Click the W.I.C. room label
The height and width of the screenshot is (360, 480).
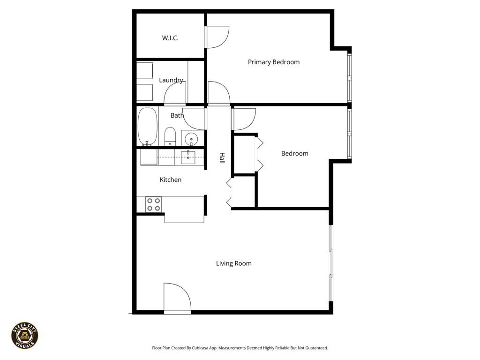click(x=170, y=38)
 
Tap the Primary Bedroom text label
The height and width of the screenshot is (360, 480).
click(x=273, y=62)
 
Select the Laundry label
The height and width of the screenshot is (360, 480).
click(x=171, y=80)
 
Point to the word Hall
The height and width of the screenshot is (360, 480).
click(x=222, y=158)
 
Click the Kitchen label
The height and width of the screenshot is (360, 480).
click(x=170, y=180)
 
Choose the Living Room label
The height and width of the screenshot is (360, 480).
click(x=233, y=263)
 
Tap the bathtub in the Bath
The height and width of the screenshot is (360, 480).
click(x=147, y=127)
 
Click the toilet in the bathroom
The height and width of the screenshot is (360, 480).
click(x=170, y=136)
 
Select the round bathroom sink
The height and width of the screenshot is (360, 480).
click(x=191, y=139)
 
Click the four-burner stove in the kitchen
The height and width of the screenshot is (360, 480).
click(x=153, y=204)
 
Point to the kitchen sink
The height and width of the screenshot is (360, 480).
click(x=188, y=157)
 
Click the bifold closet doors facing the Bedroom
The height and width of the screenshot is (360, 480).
click(x=258, y=153)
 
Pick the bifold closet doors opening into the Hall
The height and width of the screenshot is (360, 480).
click(x=229, y=193)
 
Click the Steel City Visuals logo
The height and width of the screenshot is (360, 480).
click(x=24, y=335)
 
